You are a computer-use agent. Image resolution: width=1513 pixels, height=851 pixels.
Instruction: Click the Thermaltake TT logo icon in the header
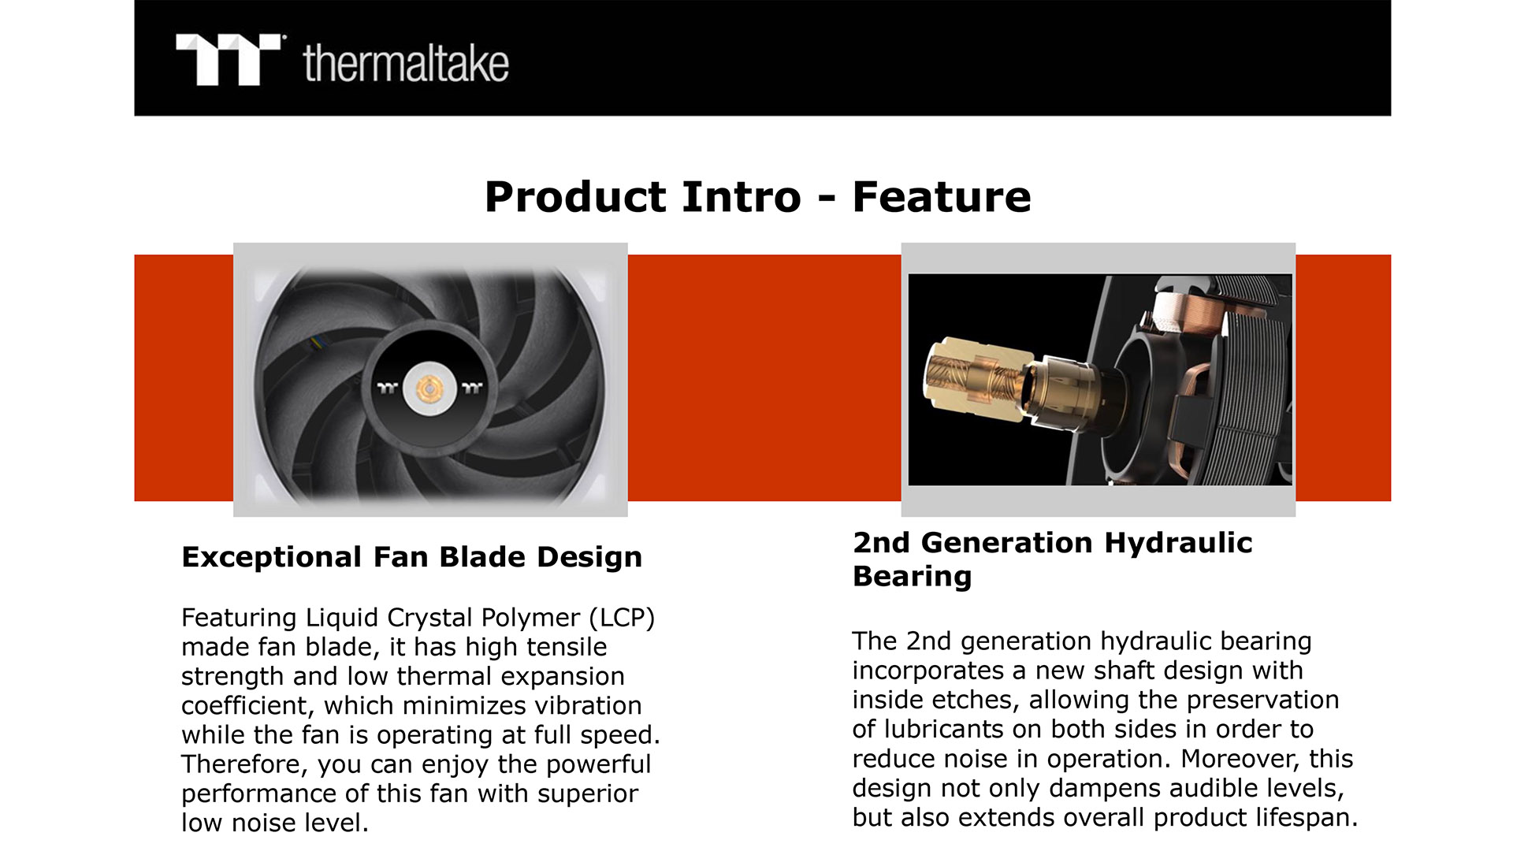[x=228, y=60]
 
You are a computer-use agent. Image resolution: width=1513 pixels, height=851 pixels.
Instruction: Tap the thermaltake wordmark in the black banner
[x=406, y=63]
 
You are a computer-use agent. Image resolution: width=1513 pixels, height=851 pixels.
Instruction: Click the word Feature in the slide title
[x=942, y=196]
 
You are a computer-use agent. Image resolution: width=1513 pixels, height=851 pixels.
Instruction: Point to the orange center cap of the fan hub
[x=429, y=388]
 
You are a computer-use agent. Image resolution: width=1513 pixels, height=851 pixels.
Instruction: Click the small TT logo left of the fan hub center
[x=387, y=388]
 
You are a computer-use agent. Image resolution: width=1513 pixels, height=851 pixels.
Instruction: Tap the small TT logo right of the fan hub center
[x=472, y=388]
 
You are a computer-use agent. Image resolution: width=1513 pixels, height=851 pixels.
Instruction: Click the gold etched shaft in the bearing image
[x=976, y=378]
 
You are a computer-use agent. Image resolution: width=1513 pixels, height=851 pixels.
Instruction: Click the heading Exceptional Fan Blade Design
[x=411, y=557]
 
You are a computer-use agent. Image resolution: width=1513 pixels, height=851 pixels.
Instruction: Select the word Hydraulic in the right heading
[x=1178, y=543]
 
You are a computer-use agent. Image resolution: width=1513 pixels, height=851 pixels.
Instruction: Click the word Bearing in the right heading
[x=913, y=577]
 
